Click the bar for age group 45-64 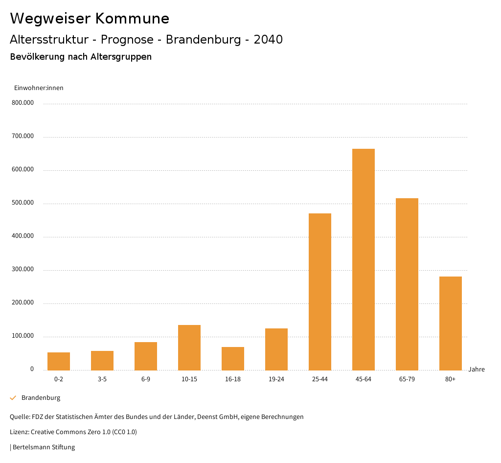363,259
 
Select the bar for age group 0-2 59,361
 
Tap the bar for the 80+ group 450,323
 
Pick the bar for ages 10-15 189,347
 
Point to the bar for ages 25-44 320,292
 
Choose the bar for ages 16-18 233,358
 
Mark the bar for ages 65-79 407,284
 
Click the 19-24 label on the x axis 276,379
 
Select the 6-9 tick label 146,379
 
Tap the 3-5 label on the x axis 102,379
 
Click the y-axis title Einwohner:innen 39,88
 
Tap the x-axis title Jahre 476,370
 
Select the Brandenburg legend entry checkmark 13,398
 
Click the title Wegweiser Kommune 90,19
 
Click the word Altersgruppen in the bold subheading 121,57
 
